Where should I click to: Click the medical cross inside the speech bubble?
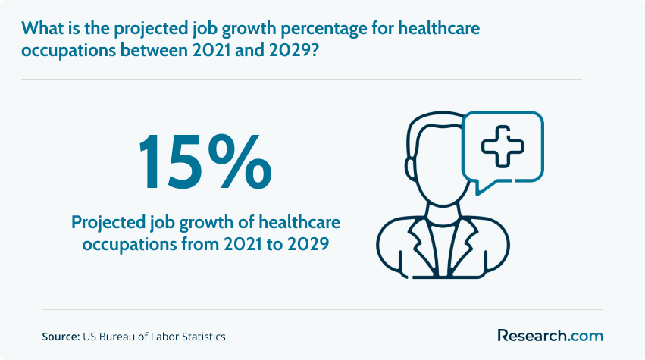(503, 147)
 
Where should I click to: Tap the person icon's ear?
(410, 167)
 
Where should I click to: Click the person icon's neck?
(443, 214)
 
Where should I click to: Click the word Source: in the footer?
(61, 337)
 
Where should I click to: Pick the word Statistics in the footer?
(204, 337)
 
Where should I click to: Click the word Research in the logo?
(532, 335)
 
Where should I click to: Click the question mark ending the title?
(314, 50)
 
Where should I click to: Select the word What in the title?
(42, 28)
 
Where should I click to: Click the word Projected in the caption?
(108, 224)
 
